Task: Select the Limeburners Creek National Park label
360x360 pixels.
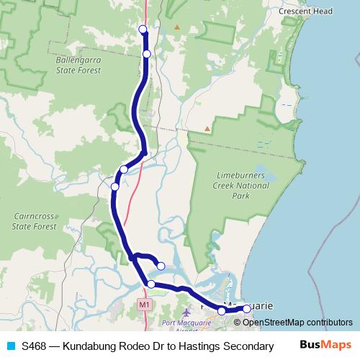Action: [241, 186]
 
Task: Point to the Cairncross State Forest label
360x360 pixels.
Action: [35, 220]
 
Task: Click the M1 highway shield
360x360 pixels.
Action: [145, 305]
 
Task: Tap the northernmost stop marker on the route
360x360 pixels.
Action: [143, 29]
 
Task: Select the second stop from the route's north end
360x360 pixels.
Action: [147, 54]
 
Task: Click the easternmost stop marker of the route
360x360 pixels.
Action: [247, 309]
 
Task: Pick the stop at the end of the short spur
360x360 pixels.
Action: [161, 266]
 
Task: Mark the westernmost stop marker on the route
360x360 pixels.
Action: [114, 187]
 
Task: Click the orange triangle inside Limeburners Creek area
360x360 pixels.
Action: [207, 129]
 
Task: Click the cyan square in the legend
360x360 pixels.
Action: [10, 346]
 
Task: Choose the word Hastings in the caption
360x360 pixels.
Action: [209, 346]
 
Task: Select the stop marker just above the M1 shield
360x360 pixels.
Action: [151, 284]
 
